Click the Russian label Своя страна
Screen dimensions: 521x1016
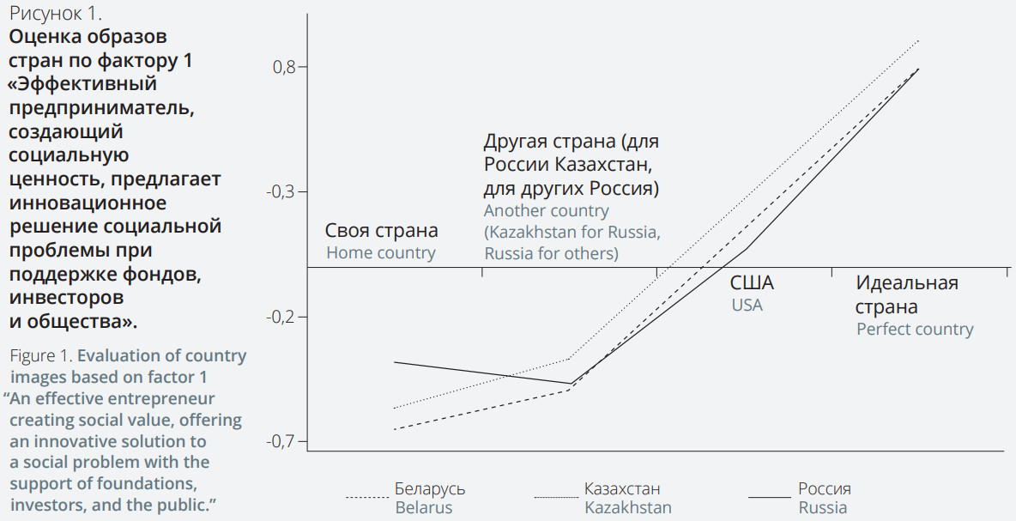tap(381, 231)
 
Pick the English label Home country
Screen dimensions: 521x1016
tap(381, 253)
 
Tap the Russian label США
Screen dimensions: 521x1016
tap(752, 283)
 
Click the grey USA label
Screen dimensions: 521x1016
tap(747, 305)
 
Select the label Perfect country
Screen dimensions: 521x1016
tap(915, 330)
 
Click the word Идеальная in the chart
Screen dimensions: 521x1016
tap(907, 283)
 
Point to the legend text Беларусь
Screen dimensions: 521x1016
tap(430, 488)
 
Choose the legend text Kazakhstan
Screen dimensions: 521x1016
tap(628, 507)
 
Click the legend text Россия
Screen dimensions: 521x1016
tap(825, 488)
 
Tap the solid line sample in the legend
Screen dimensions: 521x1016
tap(769, 497)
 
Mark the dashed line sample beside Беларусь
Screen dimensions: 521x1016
tap(368, 497)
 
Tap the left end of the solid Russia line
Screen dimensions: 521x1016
tap(395, 362)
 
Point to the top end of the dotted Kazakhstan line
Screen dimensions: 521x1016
tap(918, 40)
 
